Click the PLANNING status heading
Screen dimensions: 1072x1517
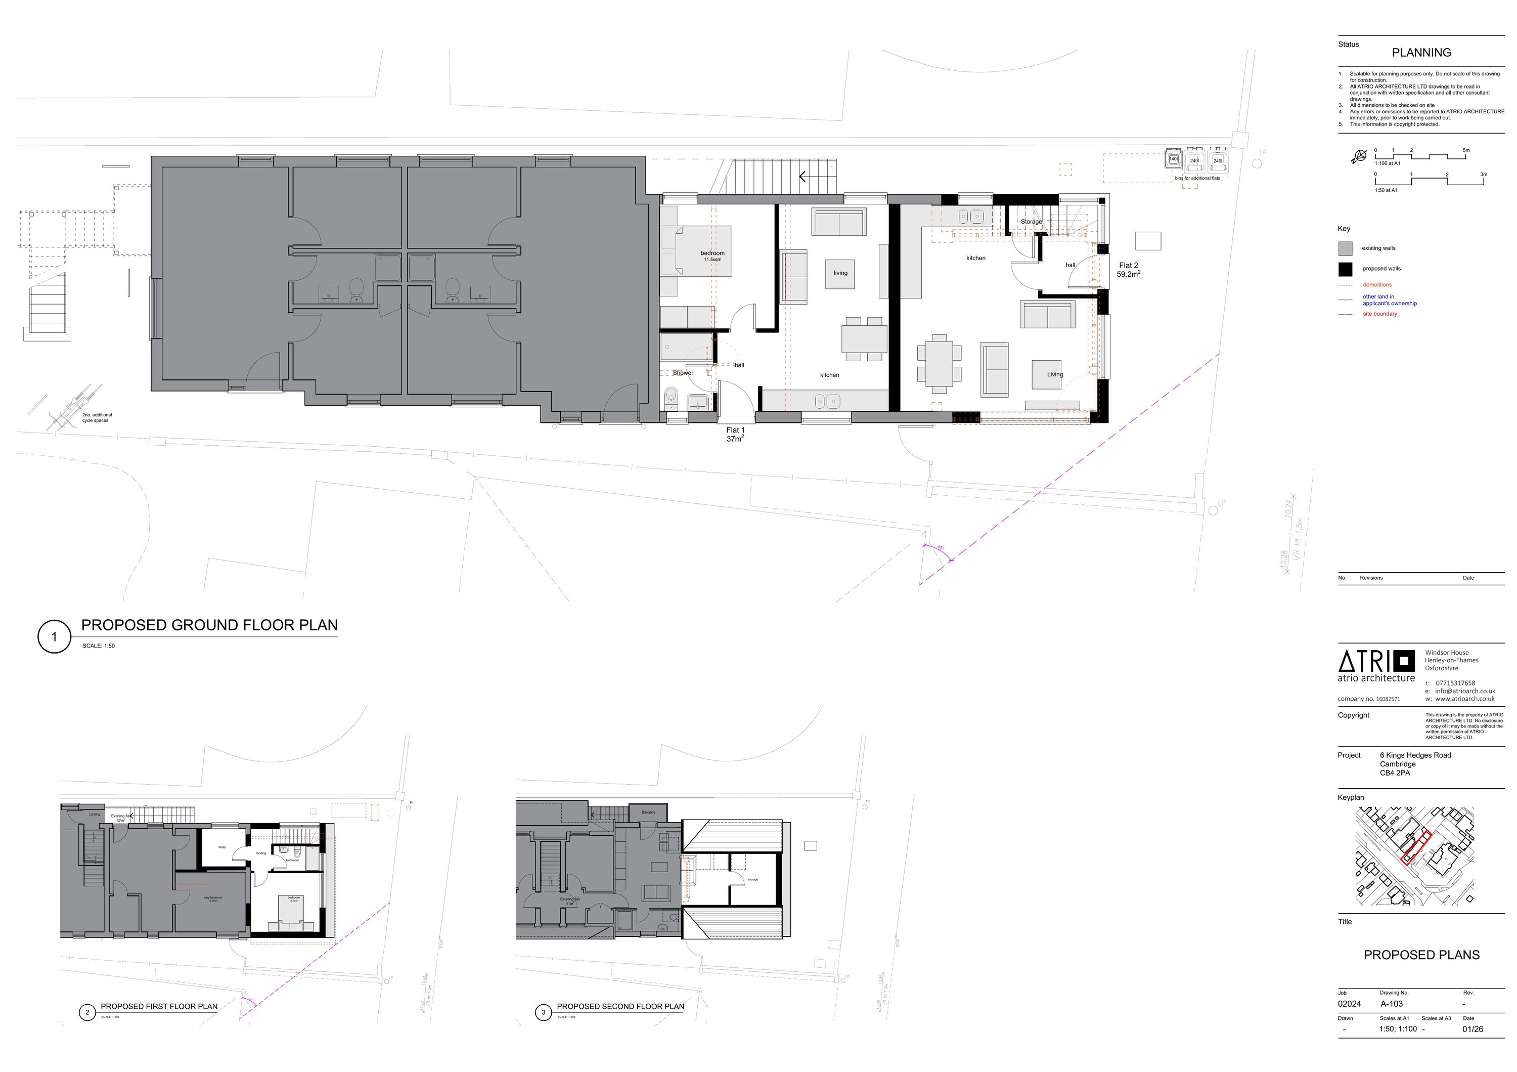(x=1421, y=52)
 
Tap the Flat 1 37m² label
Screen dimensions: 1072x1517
(x=735, y=434)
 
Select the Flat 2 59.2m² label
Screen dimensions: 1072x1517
(x=1129, y=270)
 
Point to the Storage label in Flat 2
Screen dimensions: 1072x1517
(x=1031, y=222)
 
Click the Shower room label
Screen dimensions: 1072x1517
(x=683, y=373)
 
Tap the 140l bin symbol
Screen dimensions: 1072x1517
(x=1174, y=160)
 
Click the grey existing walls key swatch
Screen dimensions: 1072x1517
(x=1345, y=248)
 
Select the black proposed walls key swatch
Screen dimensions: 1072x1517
(x=1345, y=269)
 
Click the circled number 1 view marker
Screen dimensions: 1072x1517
(x=54, y=637)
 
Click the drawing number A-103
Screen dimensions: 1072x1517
(x=1392, y=1003)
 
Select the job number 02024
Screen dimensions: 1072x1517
(x=1349, y=1003)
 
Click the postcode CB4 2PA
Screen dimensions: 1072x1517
(x=1395, y=773)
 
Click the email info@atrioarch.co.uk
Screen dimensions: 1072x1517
(x=1464, y=691)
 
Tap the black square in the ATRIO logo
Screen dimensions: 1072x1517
(x=1403, y=661)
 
